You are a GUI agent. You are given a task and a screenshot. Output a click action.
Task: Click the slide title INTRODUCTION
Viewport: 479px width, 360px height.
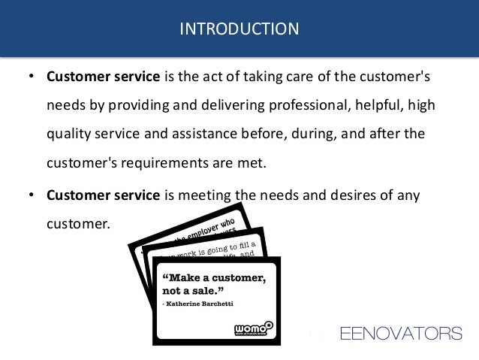coord(239,29)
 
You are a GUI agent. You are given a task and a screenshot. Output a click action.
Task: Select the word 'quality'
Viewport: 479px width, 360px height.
coord(68,134)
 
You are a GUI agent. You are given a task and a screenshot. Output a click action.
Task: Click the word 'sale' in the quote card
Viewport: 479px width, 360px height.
coord(212,290)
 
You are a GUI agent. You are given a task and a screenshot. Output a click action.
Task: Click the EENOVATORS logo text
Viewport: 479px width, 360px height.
coord(401,333)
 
